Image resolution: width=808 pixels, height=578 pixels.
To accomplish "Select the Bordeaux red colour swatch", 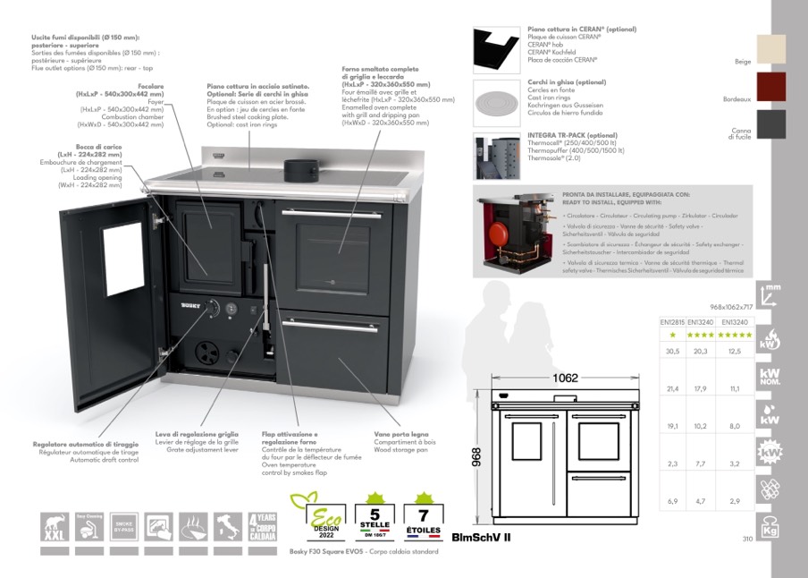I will pos(770,87).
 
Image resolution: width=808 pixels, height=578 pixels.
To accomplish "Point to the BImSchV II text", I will pos(481,538).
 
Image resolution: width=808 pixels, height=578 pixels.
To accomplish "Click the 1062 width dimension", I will pos(565,378).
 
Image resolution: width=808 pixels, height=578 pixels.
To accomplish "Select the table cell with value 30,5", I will pos(673,352).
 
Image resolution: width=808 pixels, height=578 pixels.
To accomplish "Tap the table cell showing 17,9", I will pos(702,388).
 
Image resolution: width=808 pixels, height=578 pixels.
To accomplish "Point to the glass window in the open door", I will pos(123,259).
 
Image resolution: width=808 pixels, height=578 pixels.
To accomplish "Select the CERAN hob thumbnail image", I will pos(497,49).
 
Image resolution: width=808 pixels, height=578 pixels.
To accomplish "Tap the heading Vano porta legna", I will pos(395,434).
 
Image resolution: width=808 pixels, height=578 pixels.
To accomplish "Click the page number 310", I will pos(748,539).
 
